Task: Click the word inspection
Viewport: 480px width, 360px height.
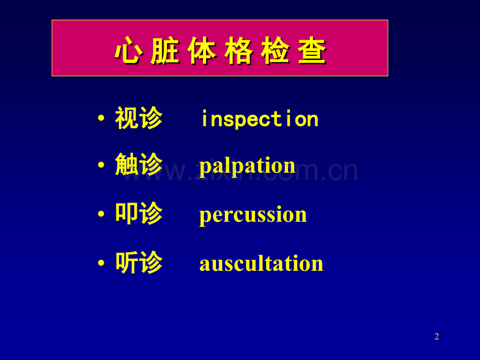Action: coord(260,119)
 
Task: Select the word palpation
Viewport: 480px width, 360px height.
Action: coord(247,166)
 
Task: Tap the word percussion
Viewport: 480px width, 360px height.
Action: coord(253,215)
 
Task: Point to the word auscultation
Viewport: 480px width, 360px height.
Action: coord(261,263)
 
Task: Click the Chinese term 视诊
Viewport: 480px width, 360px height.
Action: coord(139,118)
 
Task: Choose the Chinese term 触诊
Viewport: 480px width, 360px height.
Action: coord(139,164)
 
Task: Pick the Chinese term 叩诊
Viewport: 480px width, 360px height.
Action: coord(139,213)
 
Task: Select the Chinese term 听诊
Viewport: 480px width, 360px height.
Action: coord(139,262)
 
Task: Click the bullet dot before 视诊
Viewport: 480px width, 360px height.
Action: coord(101,118)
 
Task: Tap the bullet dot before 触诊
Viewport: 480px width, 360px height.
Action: coord(101,165)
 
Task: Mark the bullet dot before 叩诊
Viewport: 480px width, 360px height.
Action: coord(101,214)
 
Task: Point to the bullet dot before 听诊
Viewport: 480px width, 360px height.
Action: coord(101,263)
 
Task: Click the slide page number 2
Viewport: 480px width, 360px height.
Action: coord(437,337)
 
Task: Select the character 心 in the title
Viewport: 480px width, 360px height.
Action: coord(129,51)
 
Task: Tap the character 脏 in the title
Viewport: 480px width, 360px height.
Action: coord(165,51)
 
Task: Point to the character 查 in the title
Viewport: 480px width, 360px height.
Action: coord(312,51)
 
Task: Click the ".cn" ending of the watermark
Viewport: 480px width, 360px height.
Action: coord(339,172)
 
